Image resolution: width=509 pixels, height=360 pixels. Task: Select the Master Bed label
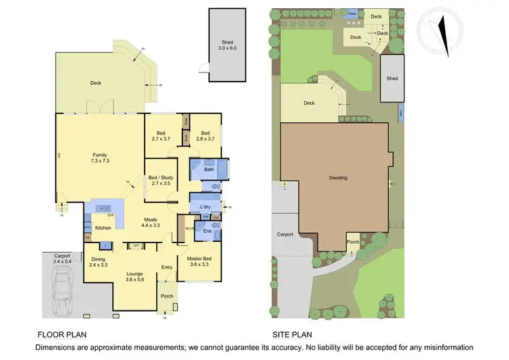click(x=195, y=259)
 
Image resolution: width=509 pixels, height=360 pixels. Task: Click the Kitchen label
click(x=102, y=228)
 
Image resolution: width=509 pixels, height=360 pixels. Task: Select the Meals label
click(x=151, y=222)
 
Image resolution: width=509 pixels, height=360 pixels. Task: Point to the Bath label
click(x=209, y=170)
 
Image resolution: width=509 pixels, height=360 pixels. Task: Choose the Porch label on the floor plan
click(x=166, y=296)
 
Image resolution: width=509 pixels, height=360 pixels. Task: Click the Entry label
click(x=167, y=268)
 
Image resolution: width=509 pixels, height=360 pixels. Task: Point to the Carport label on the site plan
click(x=285, y=234)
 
